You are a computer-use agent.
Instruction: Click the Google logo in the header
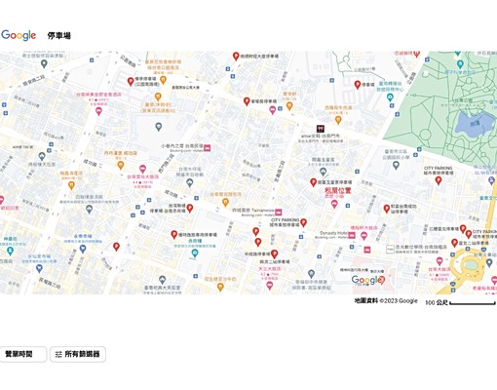click(x=19, y=35)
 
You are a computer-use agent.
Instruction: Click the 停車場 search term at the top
click(x=59, y=36)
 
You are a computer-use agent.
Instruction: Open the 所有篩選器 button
click(x=78, y=354)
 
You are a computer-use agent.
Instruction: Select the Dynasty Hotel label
click(x=335, y=233)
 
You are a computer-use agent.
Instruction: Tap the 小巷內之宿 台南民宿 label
click(x=182, y=146)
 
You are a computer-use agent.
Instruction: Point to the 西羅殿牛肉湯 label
click(x=338, y=106)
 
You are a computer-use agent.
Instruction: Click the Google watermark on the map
click(x=366, y=280)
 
